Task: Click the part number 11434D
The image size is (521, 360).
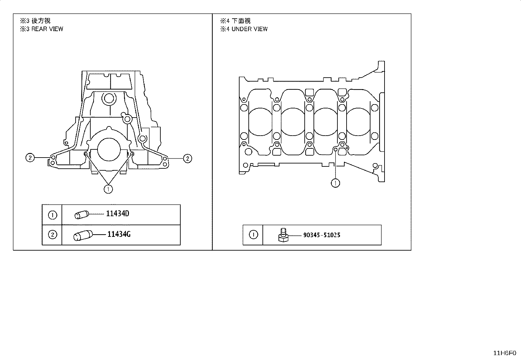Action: [117, 214]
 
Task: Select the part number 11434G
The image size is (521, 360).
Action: [119, 234]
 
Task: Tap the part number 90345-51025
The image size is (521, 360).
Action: [322, 235]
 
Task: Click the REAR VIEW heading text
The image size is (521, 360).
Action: [47, 29]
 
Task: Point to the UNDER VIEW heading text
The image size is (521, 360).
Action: [250, 29]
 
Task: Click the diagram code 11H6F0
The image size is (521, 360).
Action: [505, 353]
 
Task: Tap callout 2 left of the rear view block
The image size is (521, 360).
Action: [30, 158]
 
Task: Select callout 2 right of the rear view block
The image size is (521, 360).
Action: [188, 159]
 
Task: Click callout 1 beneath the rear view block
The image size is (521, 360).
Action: [108, 189]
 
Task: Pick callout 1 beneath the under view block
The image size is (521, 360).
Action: [335, 183]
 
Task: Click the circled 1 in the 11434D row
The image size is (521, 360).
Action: [52, 215]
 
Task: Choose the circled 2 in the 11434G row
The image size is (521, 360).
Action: [52, 235]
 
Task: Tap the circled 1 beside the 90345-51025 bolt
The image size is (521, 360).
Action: [253, 235]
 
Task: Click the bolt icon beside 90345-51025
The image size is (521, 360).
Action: [283, 235]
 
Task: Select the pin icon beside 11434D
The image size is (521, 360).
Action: [81, 215]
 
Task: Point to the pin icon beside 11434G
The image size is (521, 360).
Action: [83, 236]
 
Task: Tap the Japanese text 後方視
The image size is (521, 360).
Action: [41, 21]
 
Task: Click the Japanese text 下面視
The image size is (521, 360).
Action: [241, 21]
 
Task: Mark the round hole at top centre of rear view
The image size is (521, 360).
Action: [109, 99]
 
